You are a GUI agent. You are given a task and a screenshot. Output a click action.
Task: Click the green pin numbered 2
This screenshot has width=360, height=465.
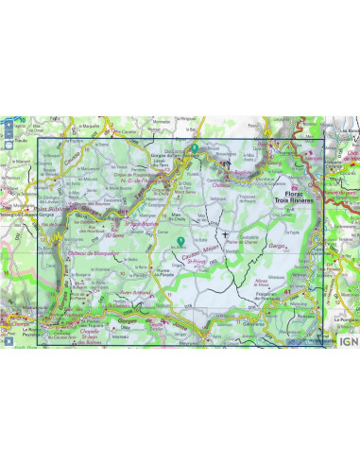pyautogui.click(x=194, y=148)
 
